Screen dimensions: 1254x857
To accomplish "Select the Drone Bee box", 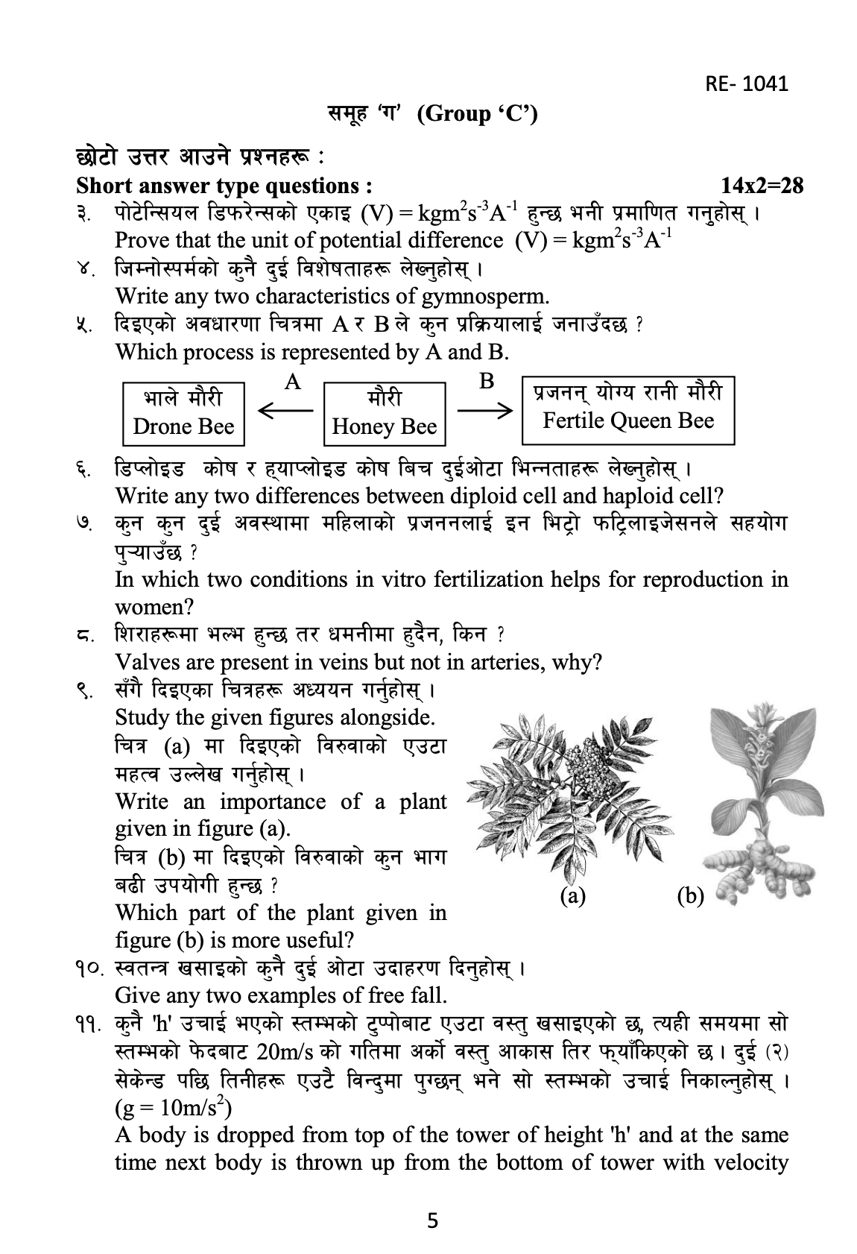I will [183, 412].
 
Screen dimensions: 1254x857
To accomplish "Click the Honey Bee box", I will [384, 412].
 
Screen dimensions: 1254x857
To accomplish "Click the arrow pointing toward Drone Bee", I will [285, 410].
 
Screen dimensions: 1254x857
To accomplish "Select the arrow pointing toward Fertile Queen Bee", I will [484, 409].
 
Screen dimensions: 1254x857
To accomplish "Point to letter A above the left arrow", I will [293, 382].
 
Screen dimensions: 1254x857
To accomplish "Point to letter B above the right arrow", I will [486, 382].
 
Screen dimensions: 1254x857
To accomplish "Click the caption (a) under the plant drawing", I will [572, 895].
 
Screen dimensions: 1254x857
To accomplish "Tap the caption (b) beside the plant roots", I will [690, 895].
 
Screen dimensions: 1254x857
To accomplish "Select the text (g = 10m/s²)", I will [174, 1108].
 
